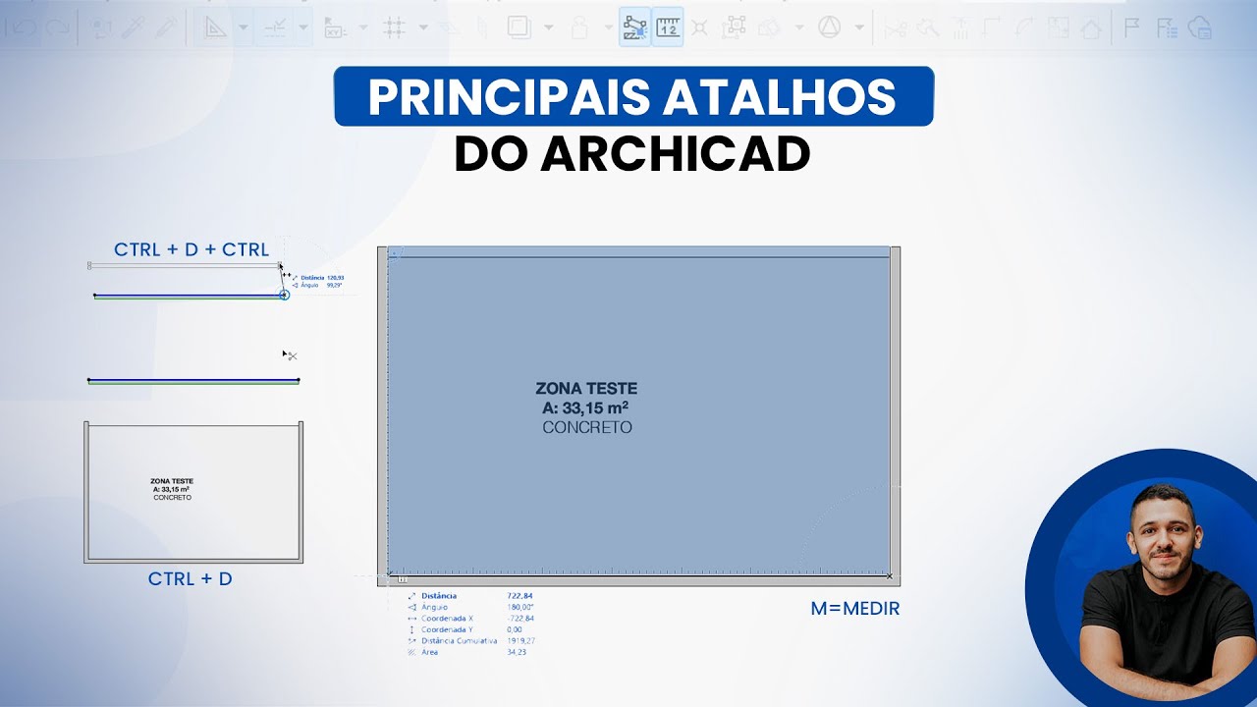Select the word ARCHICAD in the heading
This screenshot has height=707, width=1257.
tap(676, 154)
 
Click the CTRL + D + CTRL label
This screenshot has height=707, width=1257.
tap(191, 249)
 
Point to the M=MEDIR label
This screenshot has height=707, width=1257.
tap(854, 609)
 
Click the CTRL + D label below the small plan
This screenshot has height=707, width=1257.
tap(191, 579)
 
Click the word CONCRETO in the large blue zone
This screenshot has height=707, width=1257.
tap(586, 428)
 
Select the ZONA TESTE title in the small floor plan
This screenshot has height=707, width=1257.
tap(172, 481)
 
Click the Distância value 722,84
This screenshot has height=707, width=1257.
tap(519, 596)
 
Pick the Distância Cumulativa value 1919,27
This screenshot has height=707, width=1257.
tap(520, 641)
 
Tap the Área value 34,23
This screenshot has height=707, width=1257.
tap(517, 652)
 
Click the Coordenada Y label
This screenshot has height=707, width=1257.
tap(447, 629)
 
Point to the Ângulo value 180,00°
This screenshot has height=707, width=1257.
tap(520, 607)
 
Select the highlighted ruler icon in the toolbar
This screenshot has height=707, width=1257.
tap(668, 27)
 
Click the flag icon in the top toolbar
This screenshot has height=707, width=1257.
tap(1131, 27)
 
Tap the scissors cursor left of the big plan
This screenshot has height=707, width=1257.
tap(290, 355)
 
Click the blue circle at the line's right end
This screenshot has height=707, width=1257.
tap(284, 295)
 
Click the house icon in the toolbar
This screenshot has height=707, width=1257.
tap(1090, 28)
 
